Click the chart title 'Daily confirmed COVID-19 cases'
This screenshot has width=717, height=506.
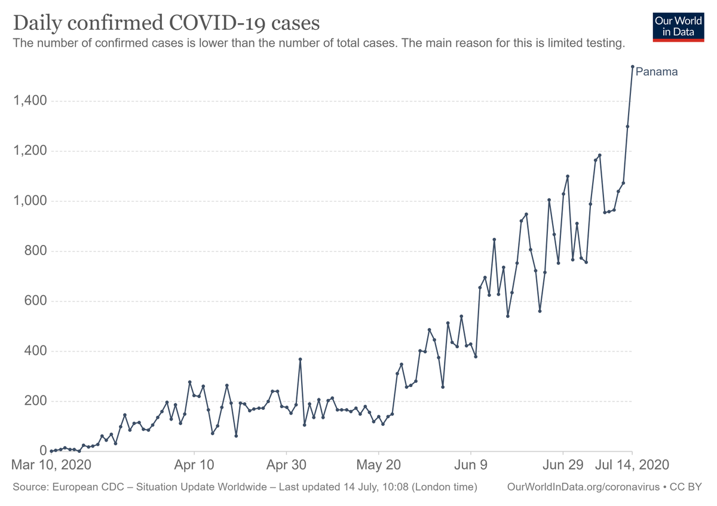tap(167, 23)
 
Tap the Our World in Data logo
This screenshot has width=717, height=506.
tap(678, 27)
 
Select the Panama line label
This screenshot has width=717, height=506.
tap(657, 72)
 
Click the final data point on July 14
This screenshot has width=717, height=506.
tap(633, 66)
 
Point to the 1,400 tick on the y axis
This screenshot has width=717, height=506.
tap(30, 101)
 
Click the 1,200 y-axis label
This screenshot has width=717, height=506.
tap(30, 151)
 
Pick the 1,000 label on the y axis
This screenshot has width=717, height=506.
tap(30, 201)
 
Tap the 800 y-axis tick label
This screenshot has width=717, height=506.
tap(35, 251)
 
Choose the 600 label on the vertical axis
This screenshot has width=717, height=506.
tap(35, 301)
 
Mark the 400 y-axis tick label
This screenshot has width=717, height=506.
tap(35, 351)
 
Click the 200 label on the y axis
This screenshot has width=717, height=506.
tap(35, 401)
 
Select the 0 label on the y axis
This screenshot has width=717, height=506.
tap(43, 451)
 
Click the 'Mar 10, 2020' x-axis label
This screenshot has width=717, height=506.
tap(51, 465)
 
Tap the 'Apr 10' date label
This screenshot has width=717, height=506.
tap(194, 465)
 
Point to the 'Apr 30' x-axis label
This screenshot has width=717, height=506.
tap(286, 465)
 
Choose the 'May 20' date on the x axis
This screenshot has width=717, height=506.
tap(378, 465)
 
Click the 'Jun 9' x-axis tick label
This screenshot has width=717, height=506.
tap(471, 465)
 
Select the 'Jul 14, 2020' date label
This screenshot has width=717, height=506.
tap(632, 465)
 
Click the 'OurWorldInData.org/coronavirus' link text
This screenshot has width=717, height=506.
tap(584, 487)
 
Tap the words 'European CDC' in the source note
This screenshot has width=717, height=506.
tap(88, 487)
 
